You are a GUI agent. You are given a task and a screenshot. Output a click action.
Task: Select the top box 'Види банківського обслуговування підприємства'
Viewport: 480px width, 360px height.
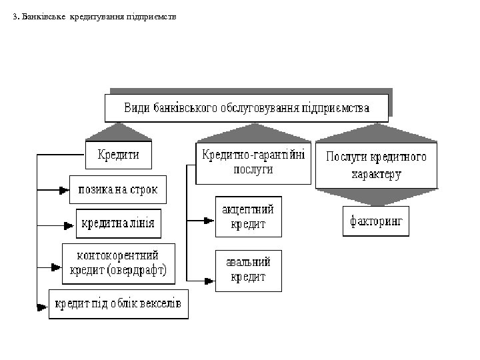pos(246,108)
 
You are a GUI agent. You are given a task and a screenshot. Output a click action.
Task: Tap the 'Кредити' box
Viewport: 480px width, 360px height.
pos(119,155)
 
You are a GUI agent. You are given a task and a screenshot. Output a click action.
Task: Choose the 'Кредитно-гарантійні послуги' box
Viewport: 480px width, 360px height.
pos(253,163)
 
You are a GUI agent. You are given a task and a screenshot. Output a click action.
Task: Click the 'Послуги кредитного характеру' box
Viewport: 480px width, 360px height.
pos(376,165)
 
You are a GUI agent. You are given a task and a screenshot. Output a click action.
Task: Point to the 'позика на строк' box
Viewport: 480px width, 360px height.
pos(118,189)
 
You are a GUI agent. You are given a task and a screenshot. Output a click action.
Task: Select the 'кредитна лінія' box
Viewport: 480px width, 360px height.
pos(118,223)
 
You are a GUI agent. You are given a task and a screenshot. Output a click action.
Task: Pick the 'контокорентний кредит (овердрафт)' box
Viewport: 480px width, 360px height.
pos(118,263)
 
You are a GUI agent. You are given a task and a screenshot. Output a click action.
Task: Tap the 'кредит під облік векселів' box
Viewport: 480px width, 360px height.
pos(118,303)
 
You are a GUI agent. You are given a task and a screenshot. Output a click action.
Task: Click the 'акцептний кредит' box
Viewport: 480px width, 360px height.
pos(248,217)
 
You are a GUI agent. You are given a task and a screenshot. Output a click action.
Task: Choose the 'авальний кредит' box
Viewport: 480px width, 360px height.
pos(248,270)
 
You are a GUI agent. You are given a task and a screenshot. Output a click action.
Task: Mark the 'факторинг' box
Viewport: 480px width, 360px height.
pos(376,221)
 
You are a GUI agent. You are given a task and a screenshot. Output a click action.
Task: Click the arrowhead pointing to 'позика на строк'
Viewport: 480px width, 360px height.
pos(64,189)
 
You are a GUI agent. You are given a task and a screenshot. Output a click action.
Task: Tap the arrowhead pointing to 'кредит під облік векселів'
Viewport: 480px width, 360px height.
pos(43,307)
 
